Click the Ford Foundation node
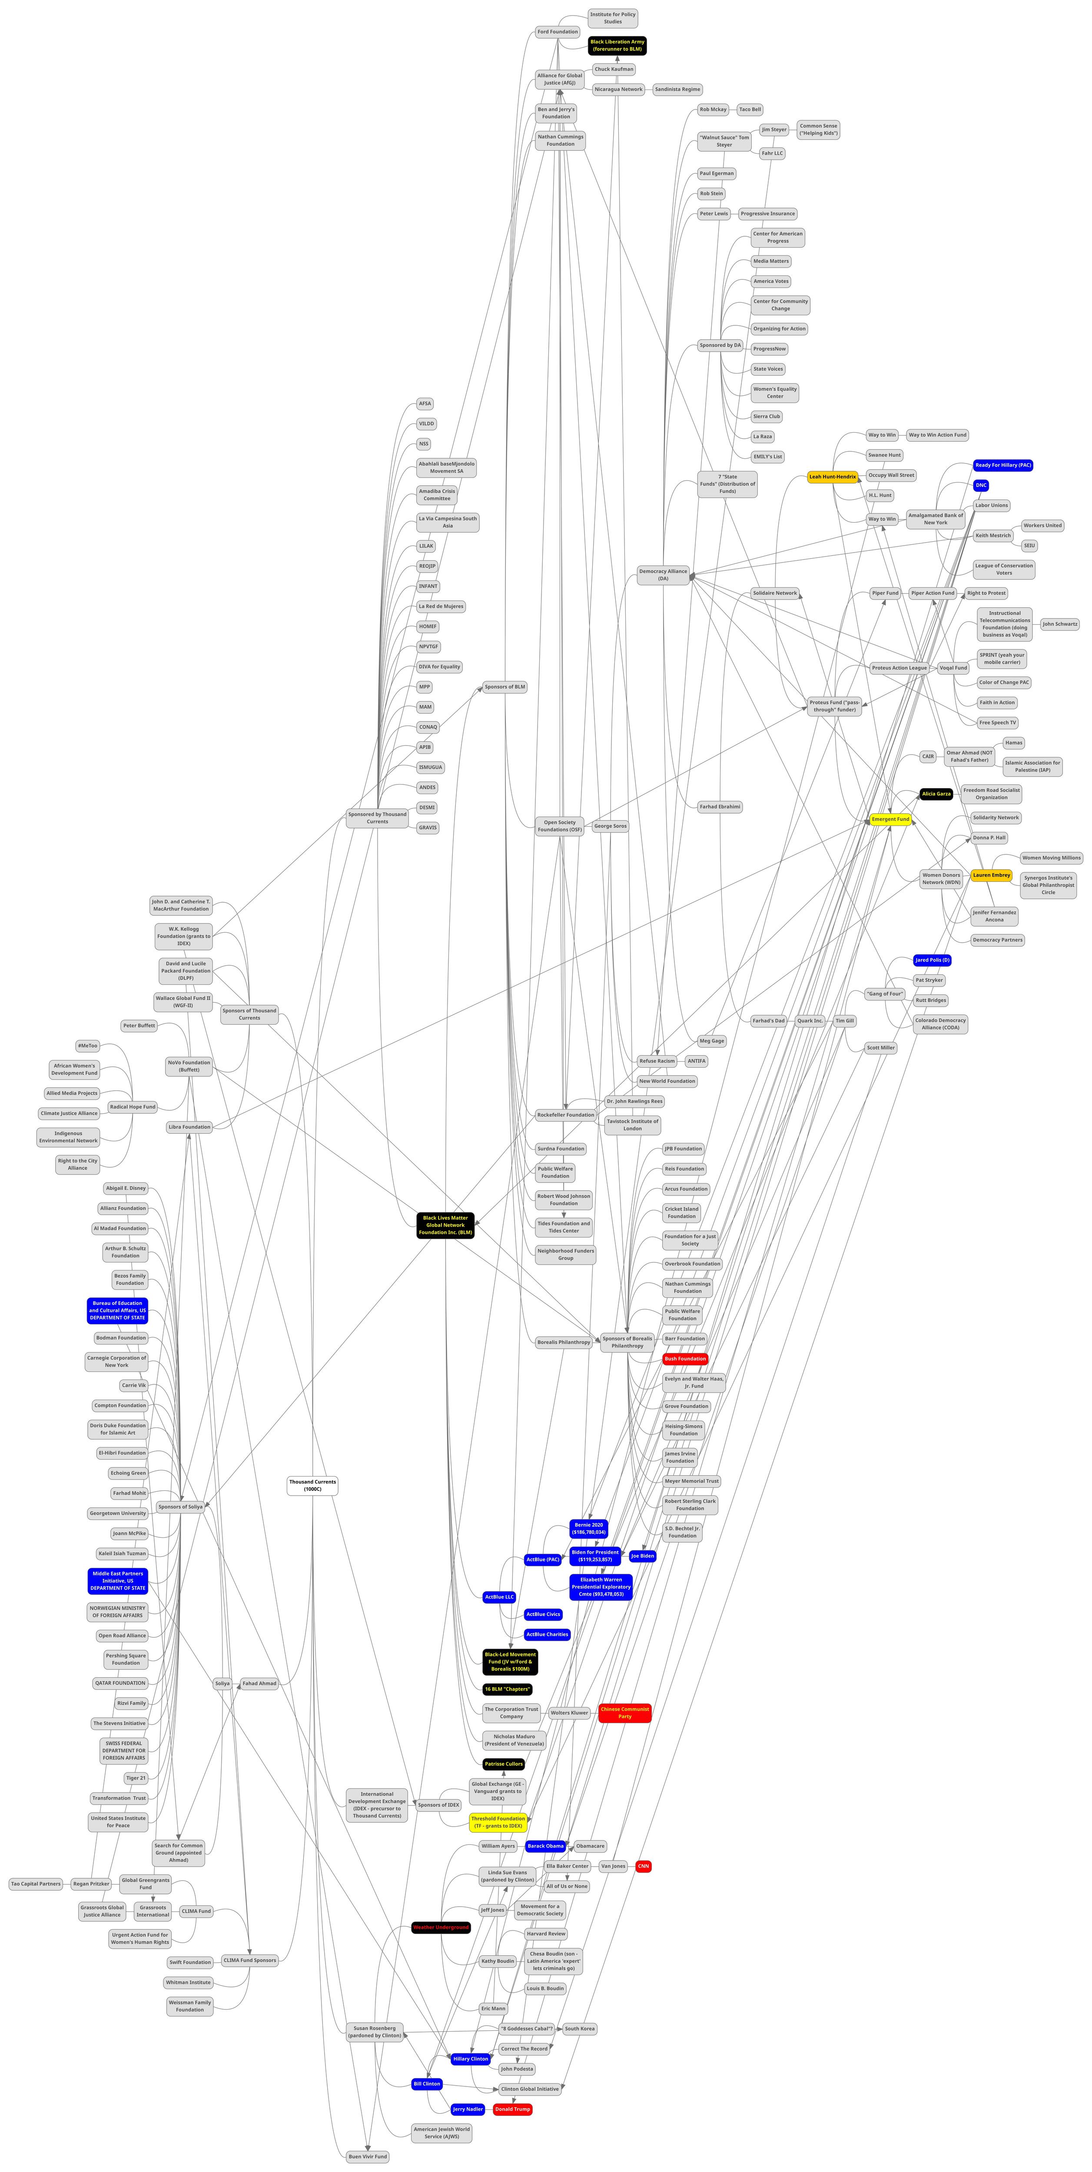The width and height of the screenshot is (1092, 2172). [558, 32]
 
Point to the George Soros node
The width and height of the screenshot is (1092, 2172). [611, 826]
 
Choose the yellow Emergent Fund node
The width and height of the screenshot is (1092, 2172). [890, 820]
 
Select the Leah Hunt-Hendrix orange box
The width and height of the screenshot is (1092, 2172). [832, 477]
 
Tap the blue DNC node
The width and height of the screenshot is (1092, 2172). [981, 486]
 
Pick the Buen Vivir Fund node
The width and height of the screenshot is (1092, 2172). [368, 2156]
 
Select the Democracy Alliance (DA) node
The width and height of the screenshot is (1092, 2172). [663, 575]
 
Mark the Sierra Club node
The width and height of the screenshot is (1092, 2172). [767, 417]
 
